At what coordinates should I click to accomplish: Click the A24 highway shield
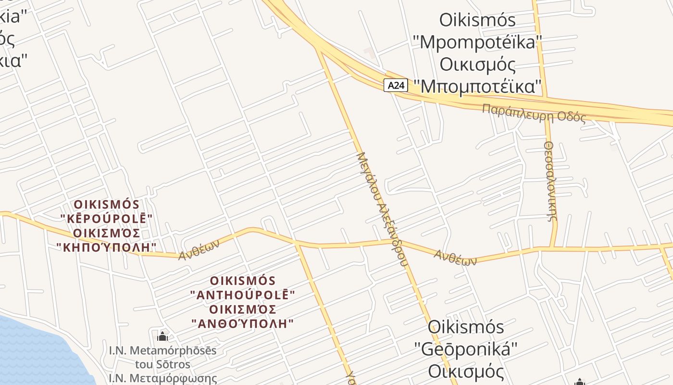(x=396, y=85)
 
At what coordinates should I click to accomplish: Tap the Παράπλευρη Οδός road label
(x=534, y=113)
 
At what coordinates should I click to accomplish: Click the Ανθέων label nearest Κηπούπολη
(x=199, y=250)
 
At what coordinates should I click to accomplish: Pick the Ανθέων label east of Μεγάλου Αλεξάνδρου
(x=455, y=257)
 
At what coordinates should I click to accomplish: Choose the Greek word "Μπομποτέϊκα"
(x=481, y=87)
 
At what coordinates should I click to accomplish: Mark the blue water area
(x=38, y=351)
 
